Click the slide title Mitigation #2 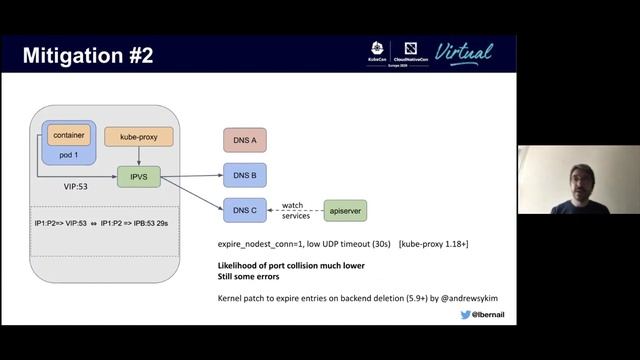(x=88, y=54)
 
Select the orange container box (x=68, y=135)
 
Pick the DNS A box (x=243, y=140)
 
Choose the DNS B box (x=243, y=176)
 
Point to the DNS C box (x=243, y=210)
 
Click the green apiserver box (x=344, y=210)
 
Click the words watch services (x=295, y=210)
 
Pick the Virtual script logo (x=464, y=53)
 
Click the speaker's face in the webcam (x=579, y=176)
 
